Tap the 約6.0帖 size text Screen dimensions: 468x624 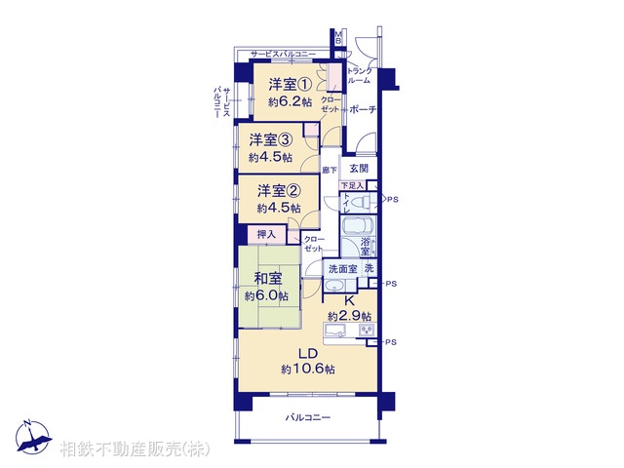tap(265, 295)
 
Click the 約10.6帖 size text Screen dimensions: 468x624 tap(308, 370)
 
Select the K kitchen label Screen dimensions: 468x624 tap(347, 300)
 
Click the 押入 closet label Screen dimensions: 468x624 tap(266, 234)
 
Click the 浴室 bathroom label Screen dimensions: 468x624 tap(366, 247)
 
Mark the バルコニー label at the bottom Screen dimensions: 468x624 tap(308, 417)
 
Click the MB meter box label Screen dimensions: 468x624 tap(338, 39)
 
